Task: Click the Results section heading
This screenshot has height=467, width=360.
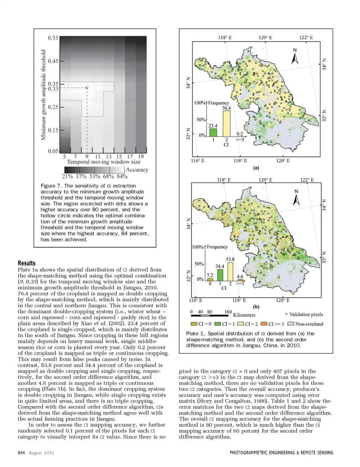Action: tap(27, 263)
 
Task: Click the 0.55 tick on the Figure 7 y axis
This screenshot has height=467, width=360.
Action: tap(53, 38)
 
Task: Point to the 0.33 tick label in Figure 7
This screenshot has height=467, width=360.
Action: tap(53, 89)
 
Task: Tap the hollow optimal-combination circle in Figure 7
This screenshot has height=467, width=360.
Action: tap(87, 88)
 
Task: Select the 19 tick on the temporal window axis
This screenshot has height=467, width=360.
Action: tap(141, 156)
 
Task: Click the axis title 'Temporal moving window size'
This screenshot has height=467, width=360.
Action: tap(103, 162)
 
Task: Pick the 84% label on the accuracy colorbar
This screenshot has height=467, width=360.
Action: tap(122, 176)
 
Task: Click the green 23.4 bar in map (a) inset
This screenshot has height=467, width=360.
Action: tap(213, 132)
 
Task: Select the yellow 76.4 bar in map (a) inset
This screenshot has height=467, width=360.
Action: tap(226, 123)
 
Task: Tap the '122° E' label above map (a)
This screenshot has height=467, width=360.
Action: tap(306, 38)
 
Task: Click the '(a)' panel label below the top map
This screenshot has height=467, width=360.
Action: tap(256, 168)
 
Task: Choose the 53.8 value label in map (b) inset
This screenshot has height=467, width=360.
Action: tap(230, 259)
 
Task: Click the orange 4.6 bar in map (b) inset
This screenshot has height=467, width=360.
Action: tap(240, 280)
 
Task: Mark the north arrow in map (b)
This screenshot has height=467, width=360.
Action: tap(296, 198)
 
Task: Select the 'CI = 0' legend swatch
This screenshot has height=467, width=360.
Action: tap(194, 324)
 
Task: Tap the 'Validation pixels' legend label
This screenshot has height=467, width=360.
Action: tap(306, 314)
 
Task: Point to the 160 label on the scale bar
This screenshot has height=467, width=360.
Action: tap(228, 312)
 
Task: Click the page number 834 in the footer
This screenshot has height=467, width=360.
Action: tap(21, 453)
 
